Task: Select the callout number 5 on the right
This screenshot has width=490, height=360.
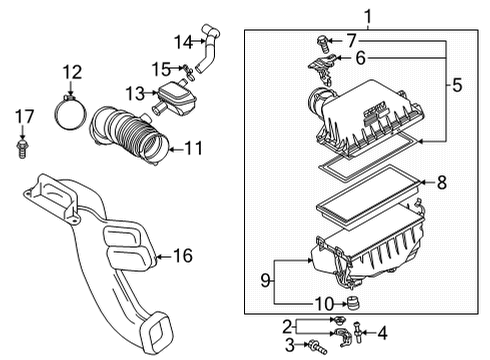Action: click(x=456, y=86)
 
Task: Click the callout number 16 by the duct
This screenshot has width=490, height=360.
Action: click(x=181, y=257)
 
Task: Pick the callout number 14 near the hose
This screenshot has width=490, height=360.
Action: click(x=183, y=41)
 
